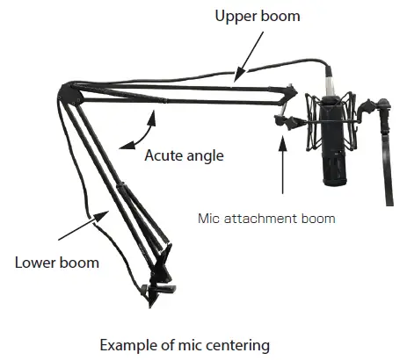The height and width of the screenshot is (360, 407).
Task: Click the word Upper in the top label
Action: [x=236, y=16]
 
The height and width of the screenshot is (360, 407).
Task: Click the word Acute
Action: [x=163, y=155]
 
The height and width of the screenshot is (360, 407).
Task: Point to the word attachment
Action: [x=257, y=219]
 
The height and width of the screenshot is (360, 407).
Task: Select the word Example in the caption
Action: [x=128, y=345]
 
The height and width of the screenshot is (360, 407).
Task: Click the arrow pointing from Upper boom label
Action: [x=249, y=56]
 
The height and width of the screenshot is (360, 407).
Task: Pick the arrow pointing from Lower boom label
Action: [x=84, y=225]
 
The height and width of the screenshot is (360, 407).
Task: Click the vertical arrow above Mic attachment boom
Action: [x=283, y=164]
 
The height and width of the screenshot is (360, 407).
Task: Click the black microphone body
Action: [x=334, y=141]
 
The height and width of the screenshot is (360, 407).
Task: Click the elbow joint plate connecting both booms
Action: [x=70, y=94]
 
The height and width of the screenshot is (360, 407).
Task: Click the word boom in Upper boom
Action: [x=280, y=16]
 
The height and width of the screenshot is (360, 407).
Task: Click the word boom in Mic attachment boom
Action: [x=315, y=219]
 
